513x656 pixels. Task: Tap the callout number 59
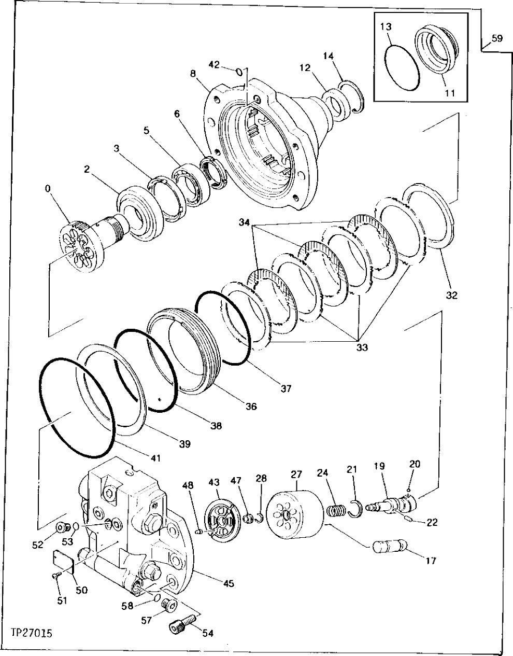[496, 38]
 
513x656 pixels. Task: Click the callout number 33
[362, 347]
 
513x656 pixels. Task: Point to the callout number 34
[245, 223]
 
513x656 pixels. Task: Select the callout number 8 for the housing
[193, 73]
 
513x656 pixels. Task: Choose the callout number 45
[228, 583]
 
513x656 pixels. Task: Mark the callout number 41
[156, 458]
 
